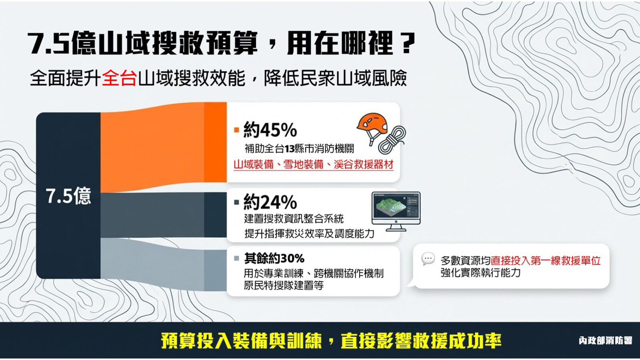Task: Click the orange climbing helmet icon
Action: [372, 125]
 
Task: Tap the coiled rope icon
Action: [392, 140]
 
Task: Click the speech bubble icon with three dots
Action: [428, 259]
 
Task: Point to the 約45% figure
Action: [270, 130]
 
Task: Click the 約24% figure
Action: [270, 202]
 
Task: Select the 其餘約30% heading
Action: [274, 258]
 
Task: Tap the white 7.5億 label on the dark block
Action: [68, 196]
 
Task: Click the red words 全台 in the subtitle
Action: [119, 78]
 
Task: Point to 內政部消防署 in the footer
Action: [605, 341]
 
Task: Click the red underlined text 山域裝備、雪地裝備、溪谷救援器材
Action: [313, 164]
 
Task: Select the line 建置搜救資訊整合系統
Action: [294, 219]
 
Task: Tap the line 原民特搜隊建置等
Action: [284, 286]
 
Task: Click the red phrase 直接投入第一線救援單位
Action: [546, 261]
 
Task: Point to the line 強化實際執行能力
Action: [480, 273]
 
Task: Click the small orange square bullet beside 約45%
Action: [237, 130]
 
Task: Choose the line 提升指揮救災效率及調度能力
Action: [309, 234]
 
